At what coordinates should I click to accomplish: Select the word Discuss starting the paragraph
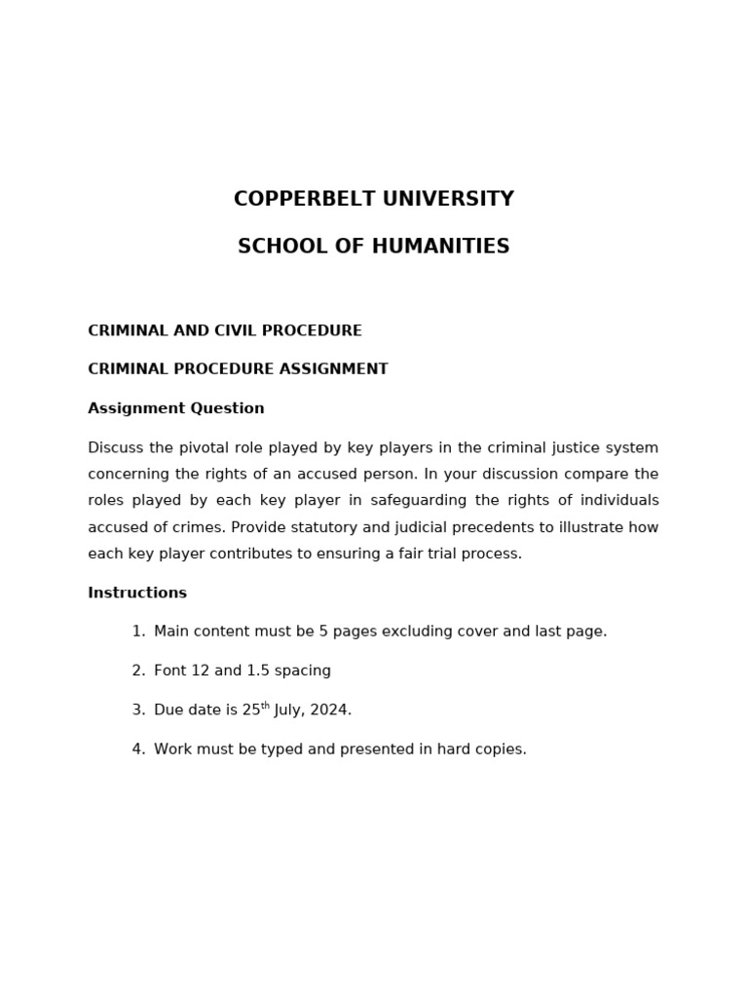[x=116, y=448]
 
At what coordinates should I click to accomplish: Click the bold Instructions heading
[x=137, y=593]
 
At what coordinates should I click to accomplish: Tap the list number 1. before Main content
[x=138, y=632]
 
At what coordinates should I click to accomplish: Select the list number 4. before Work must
[x=138, y=749]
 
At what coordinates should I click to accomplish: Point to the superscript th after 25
[x=265, y=706]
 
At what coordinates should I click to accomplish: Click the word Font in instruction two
[x=169, y=671]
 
